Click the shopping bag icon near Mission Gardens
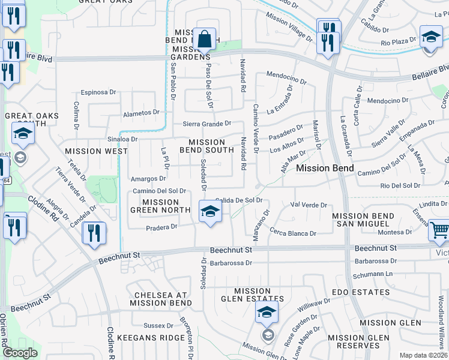[205, 40]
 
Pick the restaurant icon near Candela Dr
[94, 232]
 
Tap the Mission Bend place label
[325, 169]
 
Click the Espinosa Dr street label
[98, 92]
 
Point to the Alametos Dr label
[141, 112]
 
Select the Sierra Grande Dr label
[207, 124]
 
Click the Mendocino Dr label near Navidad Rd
[286, 78]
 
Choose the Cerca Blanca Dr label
[293, 233]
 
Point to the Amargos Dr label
[148, 179]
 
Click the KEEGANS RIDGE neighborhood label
[151, 338]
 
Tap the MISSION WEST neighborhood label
[96, 151]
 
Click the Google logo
[19, 353]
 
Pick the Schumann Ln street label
[373, 273]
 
